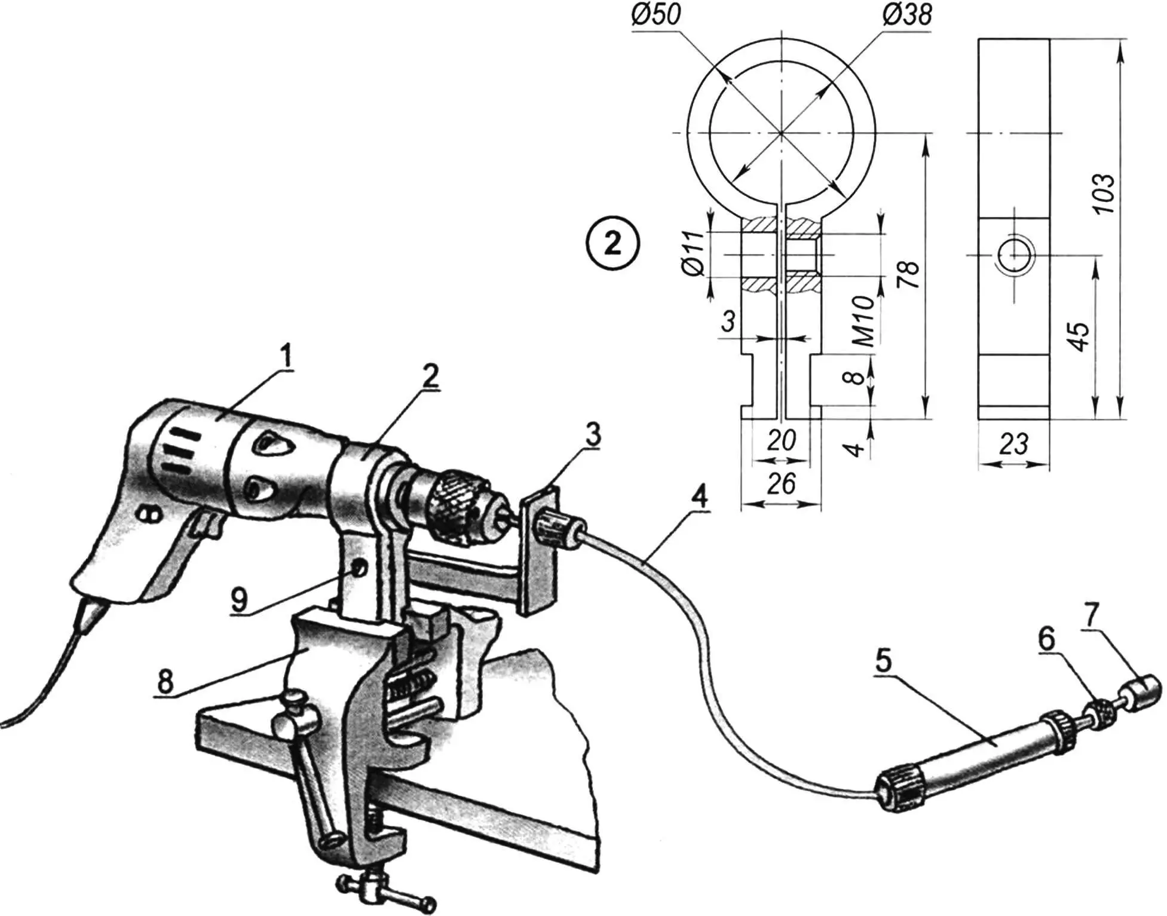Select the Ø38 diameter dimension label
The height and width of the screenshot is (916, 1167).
(x=906, y=14)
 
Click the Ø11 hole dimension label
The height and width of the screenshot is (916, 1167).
(x=694, y=253)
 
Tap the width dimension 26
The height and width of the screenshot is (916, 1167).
(x=781, y=483)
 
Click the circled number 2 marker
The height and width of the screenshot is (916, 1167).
(x=612, y=244)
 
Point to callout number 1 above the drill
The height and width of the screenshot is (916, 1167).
(x=287, y=357)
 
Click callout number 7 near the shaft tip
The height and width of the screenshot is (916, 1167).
(x=1091, y=617)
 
